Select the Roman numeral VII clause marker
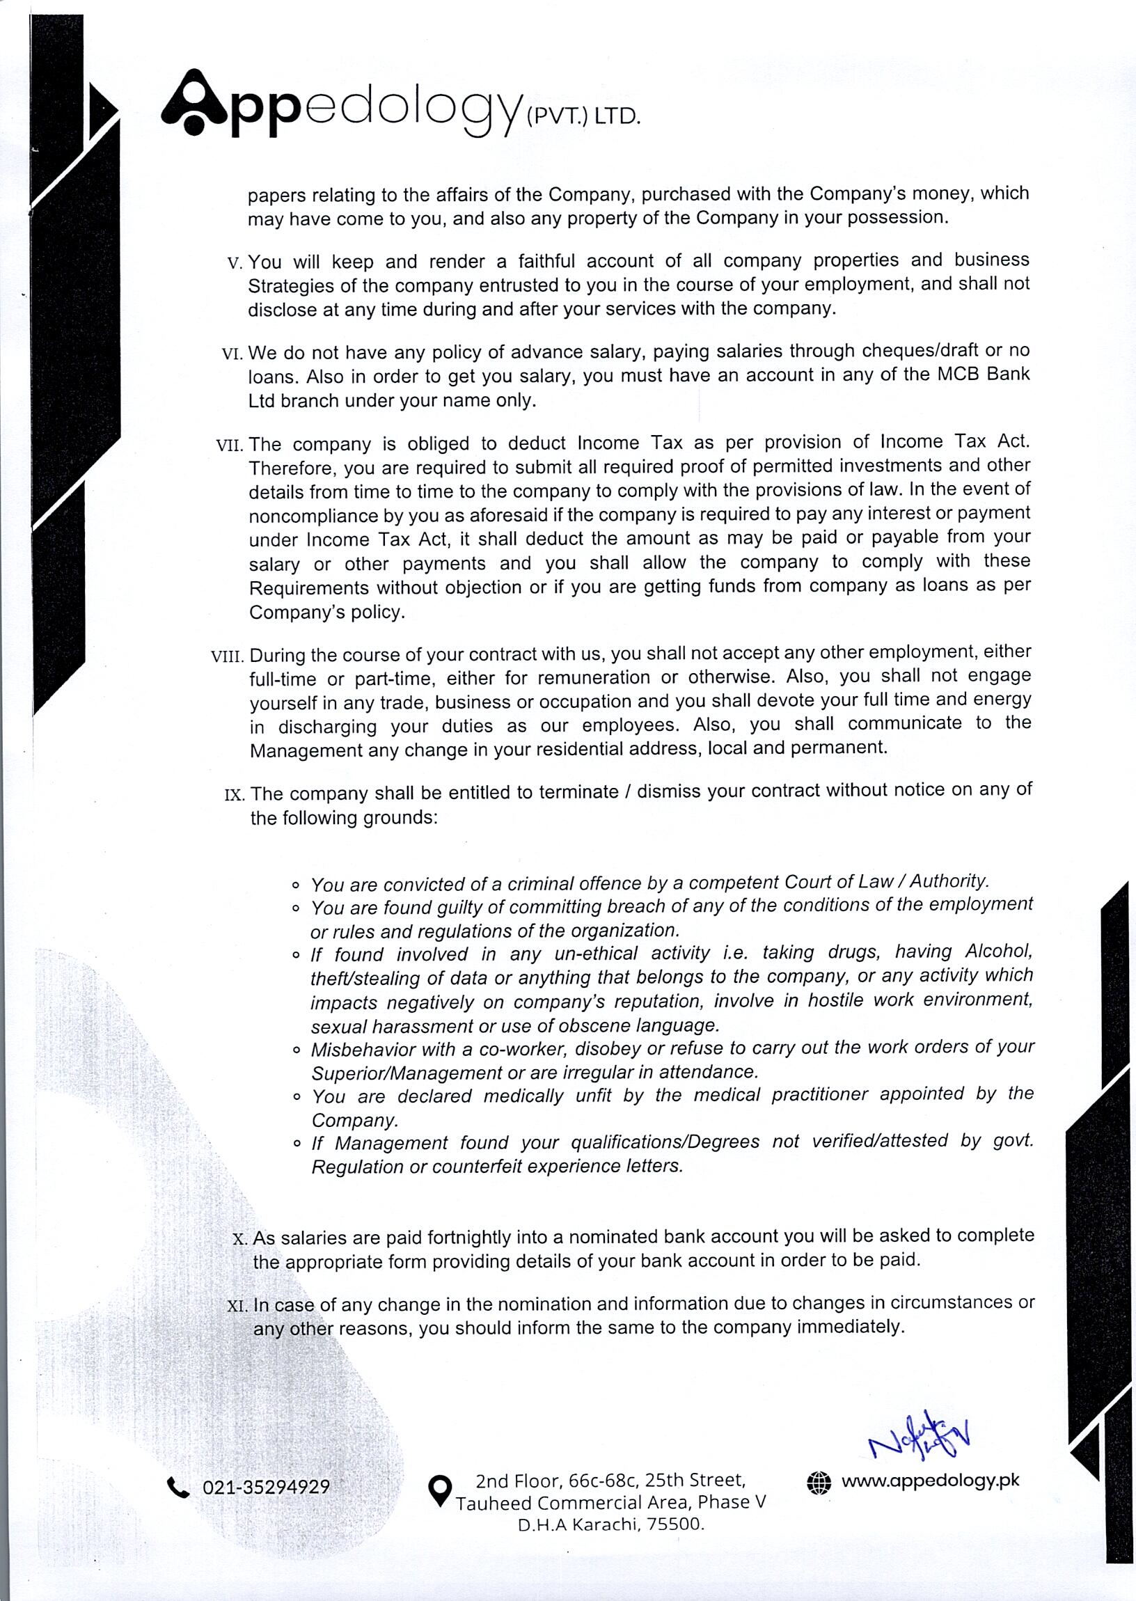230,445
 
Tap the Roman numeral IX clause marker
234,796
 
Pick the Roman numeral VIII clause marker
228,657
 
